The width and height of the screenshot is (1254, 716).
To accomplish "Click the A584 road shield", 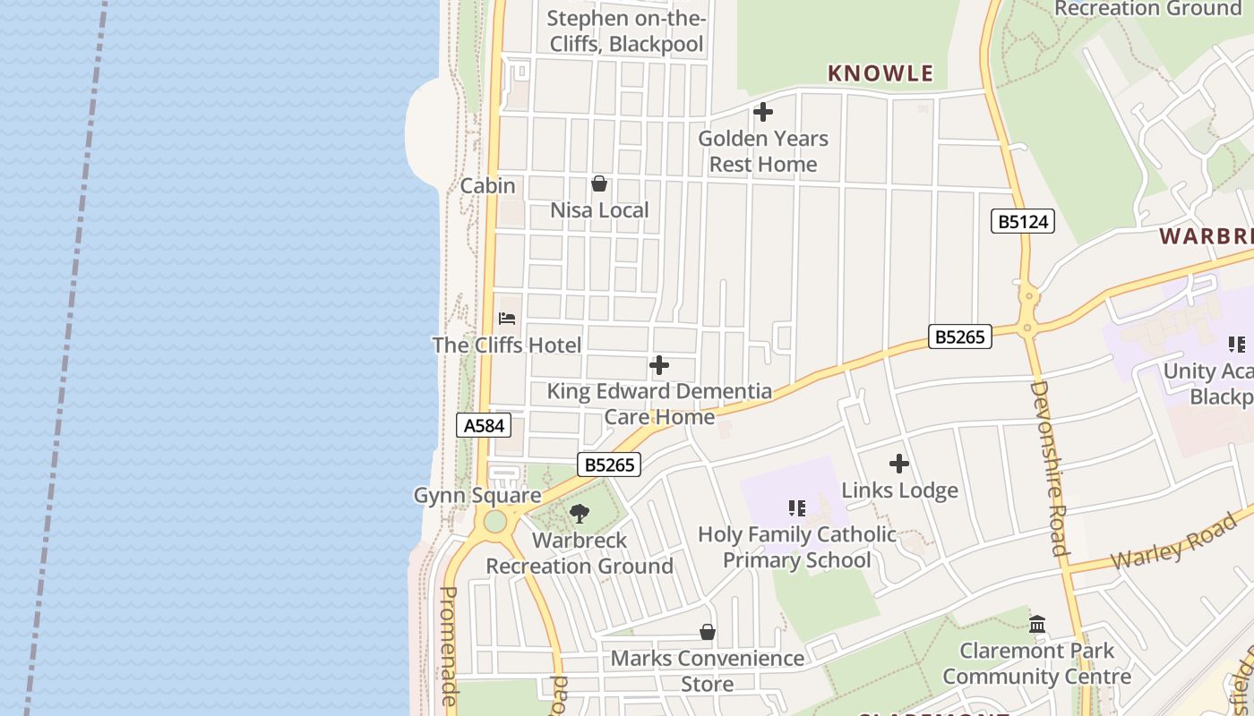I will point(484,425).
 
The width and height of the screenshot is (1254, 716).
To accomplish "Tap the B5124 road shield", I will point(1022,221).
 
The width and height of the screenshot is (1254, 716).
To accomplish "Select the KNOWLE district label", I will point(880,73).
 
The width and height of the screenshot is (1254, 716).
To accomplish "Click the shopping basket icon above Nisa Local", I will point(599,184).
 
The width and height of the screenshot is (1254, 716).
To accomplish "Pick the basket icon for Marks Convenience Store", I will point(708,633).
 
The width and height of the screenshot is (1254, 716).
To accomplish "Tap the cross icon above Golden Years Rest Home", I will point(763,113).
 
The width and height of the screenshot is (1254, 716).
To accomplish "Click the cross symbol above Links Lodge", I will point(899,464).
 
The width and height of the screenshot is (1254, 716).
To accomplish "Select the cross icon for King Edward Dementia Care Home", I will point(659,365).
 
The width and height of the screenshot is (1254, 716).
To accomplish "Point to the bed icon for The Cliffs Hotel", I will point(507,319).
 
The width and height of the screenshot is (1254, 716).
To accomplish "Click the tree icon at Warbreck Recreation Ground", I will point(580,514).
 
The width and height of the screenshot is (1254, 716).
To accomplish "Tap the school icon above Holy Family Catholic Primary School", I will point(796,508).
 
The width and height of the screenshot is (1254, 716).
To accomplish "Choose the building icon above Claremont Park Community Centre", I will point(1037,624).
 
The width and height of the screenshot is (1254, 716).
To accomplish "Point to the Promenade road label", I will point(450,644).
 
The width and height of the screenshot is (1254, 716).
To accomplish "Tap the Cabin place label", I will point(487,186).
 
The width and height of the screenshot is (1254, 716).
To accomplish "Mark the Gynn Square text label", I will point(477,495).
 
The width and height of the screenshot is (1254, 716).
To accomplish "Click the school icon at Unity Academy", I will point(1237,345).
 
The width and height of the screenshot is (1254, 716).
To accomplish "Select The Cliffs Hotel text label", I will point(507,345).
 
